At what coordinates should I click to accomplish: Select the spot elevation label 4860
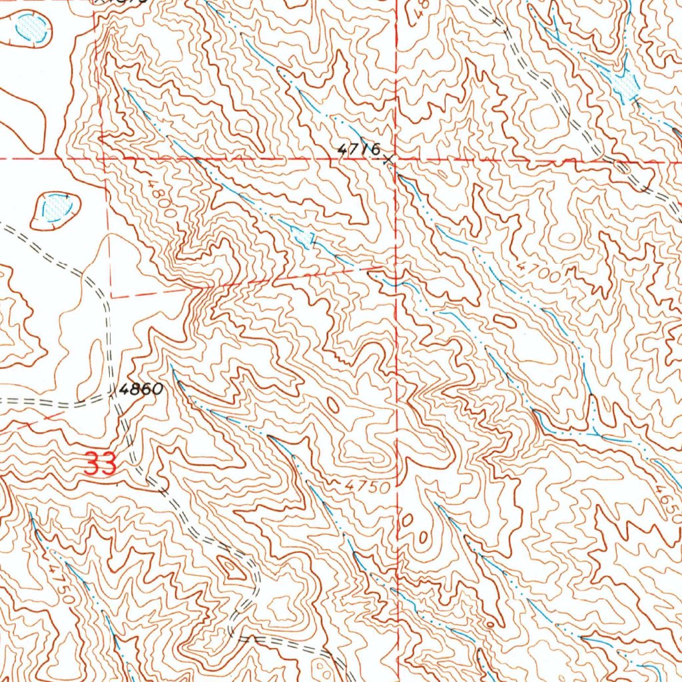point(141,390)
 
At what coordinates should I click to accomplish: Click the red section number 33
point(101,464)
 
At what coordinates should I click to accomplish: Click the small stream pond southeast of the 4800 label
point(305,238)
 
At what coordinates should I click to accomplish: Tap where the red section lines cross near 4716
point(397,160)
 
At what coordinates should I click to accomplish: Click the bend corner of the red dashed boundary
point(111,296)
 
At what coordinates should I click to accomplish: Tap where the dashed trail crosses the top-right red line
point(607,160)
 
